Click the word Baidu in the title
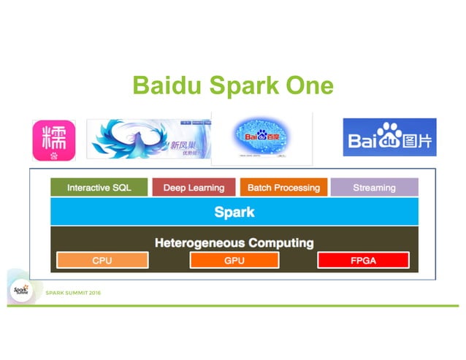pyautogui.click(x=166, y=85)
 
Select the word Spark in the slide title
pyautogui.click(x=240, y=86)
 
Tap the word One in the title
pyautogui.click(x=307, y=85)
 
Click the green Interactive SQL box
pyautogui.click(x=99, y=188)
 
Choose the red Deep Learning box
pyautogui.click(x=194, y=188)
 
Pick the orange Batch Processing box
pyautogui.click(x=283, y=188)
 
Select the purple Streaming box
pyautogui.click(x=374, y=188)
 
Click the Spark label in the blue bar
pyautogui.click(x=234, y=212)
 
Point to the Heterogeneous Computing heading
pyautogui.click(x=234, y=242)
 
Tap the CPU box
pyautogui.click(x=102, y=261)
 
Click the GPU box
pyautogui.click(x=234, y=261)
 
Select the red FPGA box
pyautogui.click(x=363, y=261)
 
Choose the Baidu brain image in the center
pyautogui.click(x=261, y=137)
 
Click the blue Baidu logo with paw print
pyautogui.click(x=389, y=137)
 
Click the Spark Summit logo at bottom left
pyautogui.click(x=20, y=290)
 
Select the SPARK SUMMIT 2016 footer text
pyautogui.click(x=73, y=293)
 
